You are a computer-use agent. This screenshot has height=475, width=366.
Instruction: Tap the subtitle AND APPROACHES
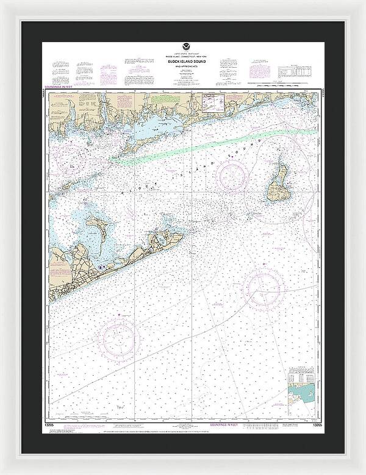(x=184, y=66)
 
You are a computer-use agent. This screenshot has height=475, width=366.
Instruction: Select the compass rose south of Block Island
(x=263, y=285)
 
